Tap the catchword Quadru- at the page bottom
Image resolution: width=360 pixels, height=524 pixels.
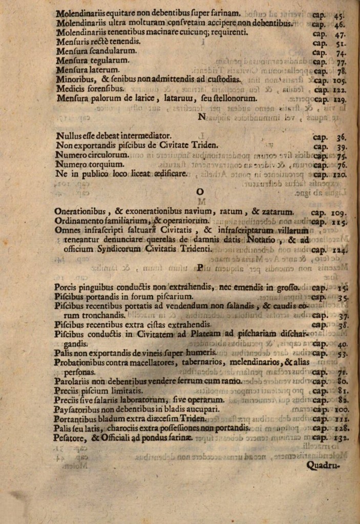tap(325, 465)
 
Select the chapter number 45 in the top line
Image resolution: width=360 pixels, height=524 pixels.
tap(340, 14)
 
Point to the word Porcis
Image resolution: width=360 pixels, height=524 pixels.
tap(66, 287)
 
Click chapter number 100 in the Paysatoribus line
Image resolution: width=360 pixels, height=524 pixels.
tap(341, 410)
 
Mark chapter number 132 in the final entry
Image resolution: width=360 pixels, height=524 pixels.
tap(341, 438)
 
